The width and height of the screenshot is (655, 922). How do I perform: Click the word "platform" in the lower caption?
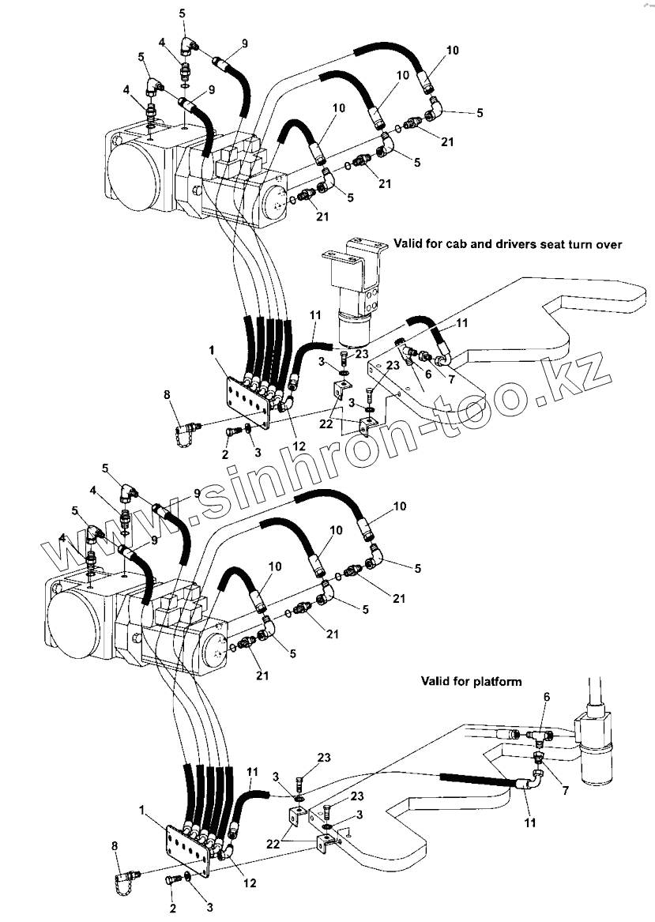[x=493, y=680]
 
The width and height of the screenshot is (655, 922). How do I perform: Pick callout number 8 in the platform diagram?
[x=115, y=845]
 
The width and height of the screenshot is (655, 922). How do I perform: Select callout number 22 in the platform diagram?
[x=273, y=844]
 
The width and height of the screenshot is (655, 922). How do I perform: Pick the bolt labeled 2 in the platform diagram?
[x=172, y=879]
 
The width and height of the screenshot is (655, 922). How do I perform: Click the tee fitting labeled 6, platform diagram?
[x=540, y=736]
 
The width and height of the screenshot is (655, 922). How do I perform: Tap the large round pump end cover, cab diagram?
[x=134, y=175]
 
